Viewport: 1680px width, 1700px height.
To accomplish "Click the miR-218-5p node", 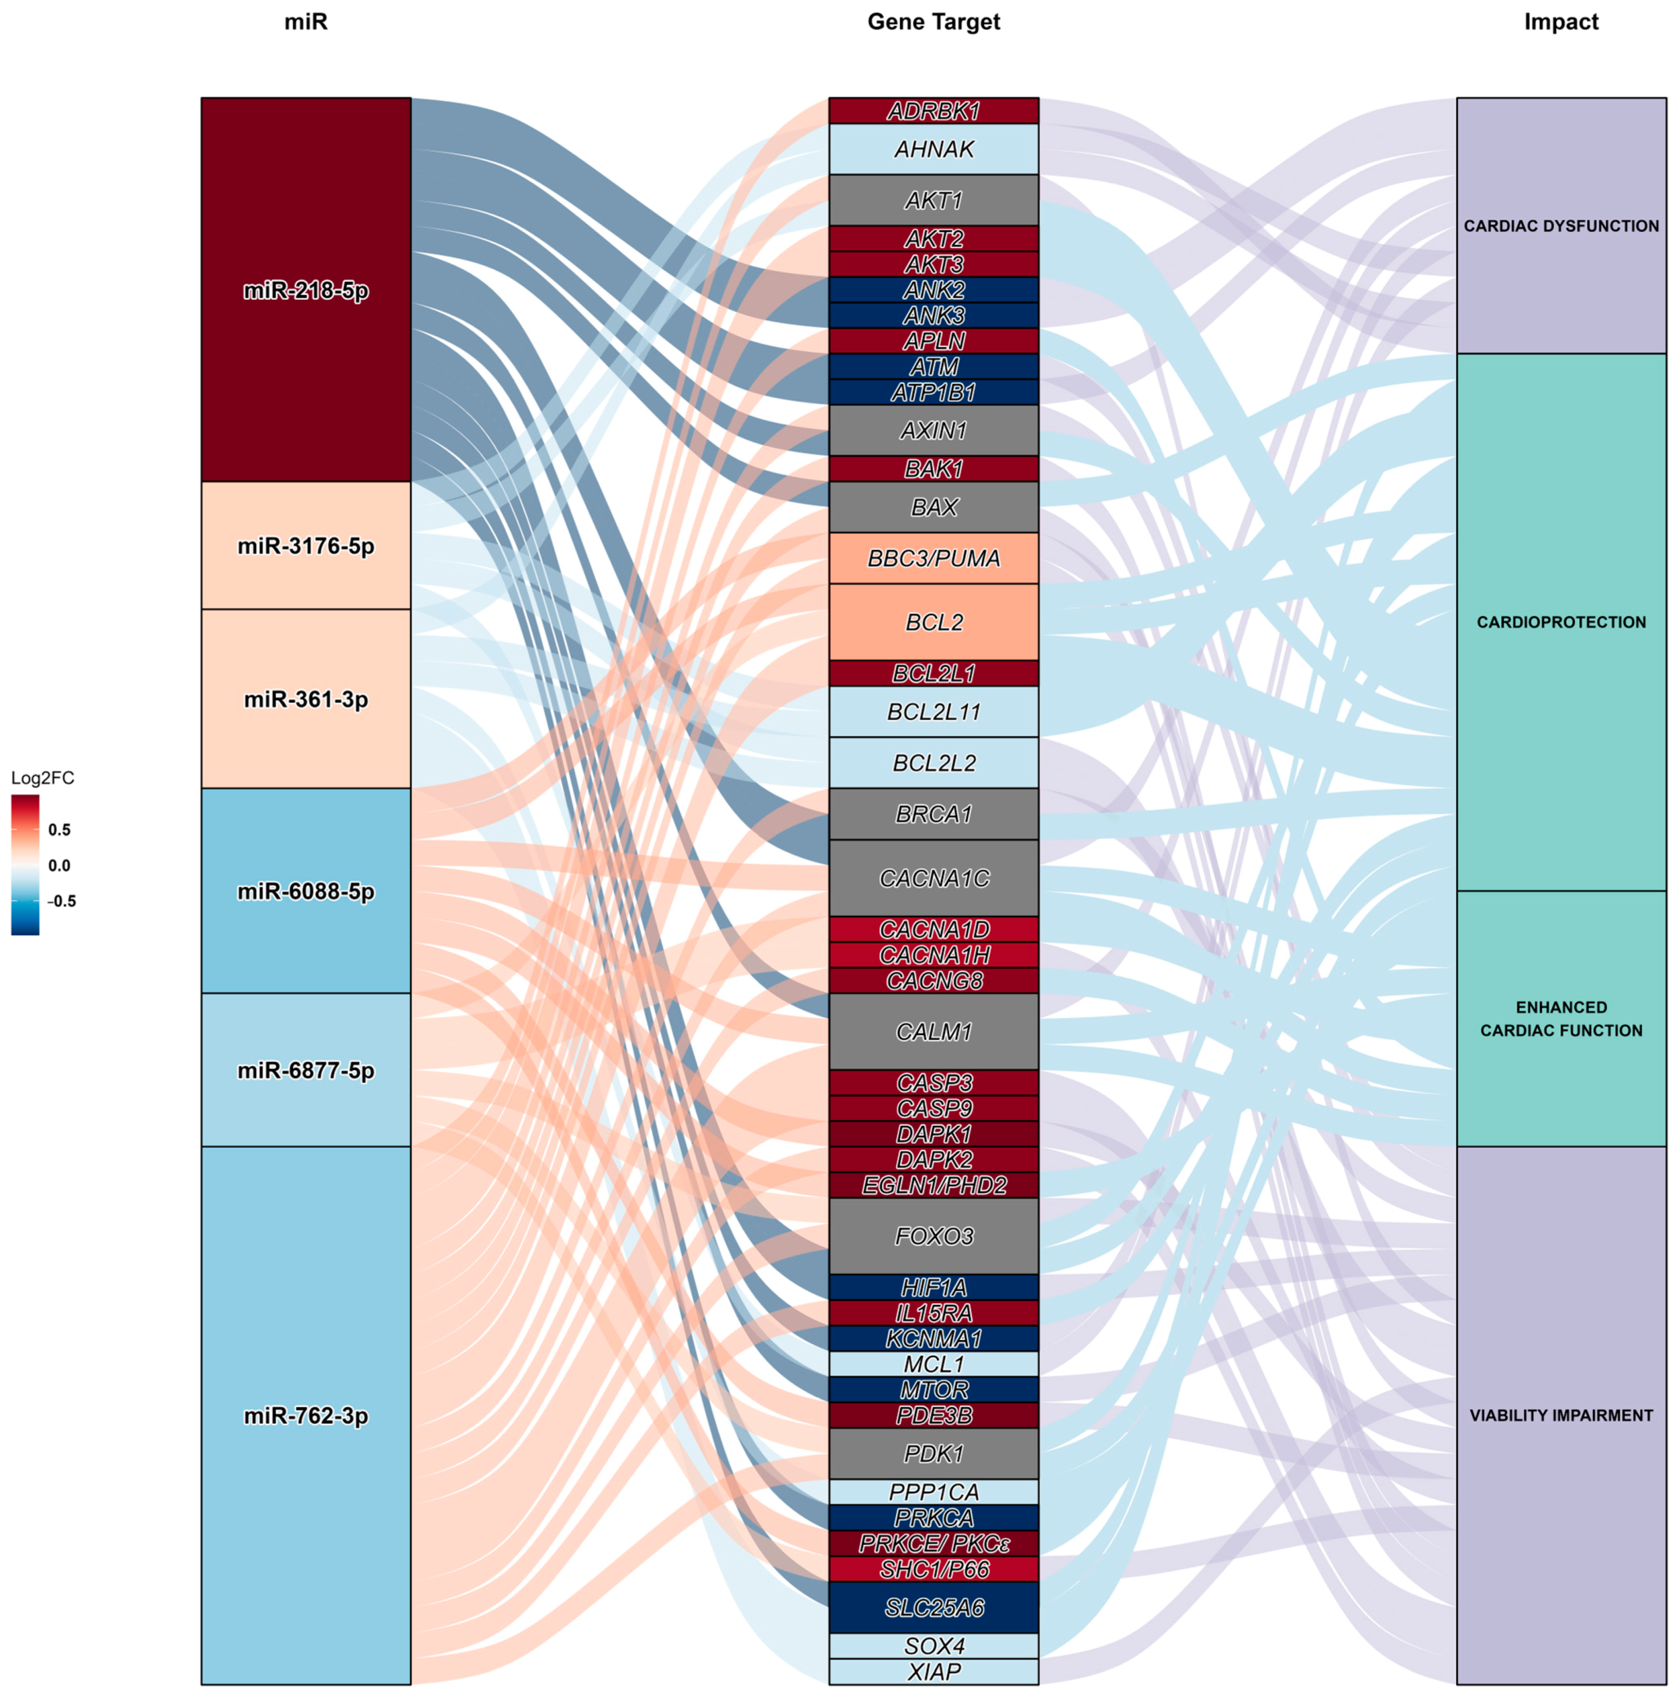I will [x=306, y=290].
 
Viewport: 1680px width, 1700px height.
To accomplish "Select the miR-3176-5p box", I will [x=306, y=546].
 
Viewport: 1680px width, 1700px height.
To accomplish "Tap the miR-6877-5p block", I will [x=306, y=1070].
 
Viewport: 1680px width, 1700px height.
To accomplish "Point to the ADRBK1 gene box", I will [x=933, y=111].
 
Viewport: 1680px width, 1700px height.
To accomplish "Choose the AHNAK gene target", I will [x=933, y=149].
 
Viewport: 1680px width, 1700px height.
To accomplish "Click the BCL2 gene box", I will [x=933, y=622].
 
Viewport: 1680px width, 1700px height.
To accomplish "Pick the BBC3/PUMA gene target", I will [x=933, y=558].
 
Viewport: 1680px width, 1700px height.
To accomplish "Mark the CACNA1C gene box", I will [x=933, y=877].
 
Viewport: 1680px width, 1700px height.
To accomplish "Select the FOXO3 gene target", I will [x=933, y=1236].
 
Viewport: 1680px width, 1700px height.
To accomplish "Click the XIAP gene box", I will [x=933, y=1671].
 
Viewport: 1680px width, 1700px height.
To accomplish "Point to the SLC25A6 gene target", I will [x=933, y=1607].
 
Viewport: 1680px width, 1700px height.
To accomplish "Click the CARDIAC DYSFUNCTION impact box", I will [x=1560, y=226].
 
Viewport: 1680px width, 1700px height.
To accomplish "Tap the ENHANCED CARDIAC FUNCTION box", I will [x=1560, y=1018].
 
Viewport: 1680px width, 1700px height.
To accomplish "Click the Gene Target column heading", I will [x=933, y=22].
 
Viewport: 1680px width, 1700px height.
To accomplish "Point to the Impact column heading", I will [x=1560, y=22].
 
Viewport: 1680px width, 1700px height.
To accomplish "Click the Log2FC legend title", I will [x=42, y=778].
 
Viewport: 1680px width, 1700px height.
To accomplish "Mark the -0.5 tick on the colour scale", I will [x=61, y=901].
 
